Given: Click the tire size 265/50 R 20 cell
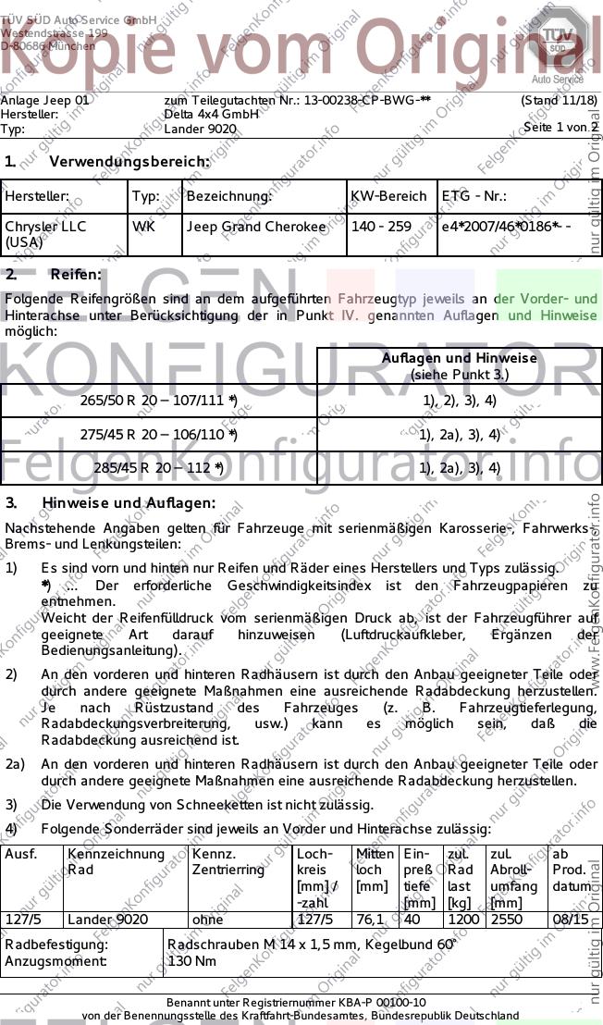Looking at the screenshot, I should [x=159, y=401].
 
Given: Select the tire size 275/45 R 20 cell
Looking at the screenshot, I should [x=159, y=434].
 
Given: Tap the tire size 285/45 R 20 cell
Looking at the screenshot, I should [x=159, y=468].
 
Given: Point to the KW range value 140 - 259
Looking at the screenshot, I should [x=381, y=227].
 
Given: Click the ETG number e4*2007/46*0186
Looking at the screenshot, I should [x=505, y=227].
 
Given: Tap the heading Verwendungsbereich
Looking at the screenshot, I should [x=129, y=162].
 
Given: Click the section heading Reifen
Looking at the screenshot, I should [x=76, y=275].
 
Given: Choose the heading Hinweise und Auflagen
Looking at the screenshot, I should [x=129, y=503].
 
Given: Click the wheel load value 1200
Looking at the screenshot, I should [x=463, y=920].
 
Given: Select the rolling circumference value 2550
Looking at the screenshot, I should [x=506, y=920].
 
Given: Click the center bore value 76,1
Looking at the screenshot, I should [x=370, y=920].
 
